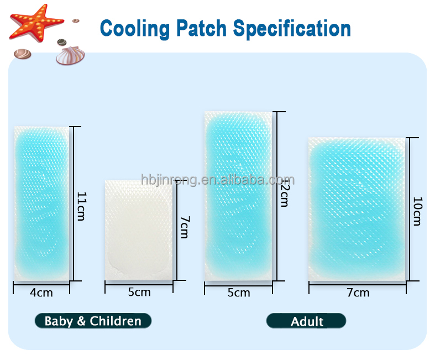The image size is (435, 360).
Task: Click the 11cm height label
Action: [81, 206]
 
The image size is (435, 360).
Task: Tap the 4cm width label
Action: [41, 293]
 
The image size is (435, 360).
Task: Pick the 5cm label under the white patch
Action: [139, 293]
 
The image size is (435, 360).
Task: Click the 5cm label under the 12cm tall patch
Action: [238, 293]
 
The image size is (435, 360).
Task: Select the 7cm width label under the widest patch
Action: [358, 293]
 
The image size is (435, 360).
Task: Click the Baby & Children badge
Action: [93, 321]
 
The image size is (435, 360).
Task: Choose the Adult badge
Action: [306, 321]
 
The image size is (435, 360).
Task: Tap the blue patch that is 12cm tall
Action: [239, 196]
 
